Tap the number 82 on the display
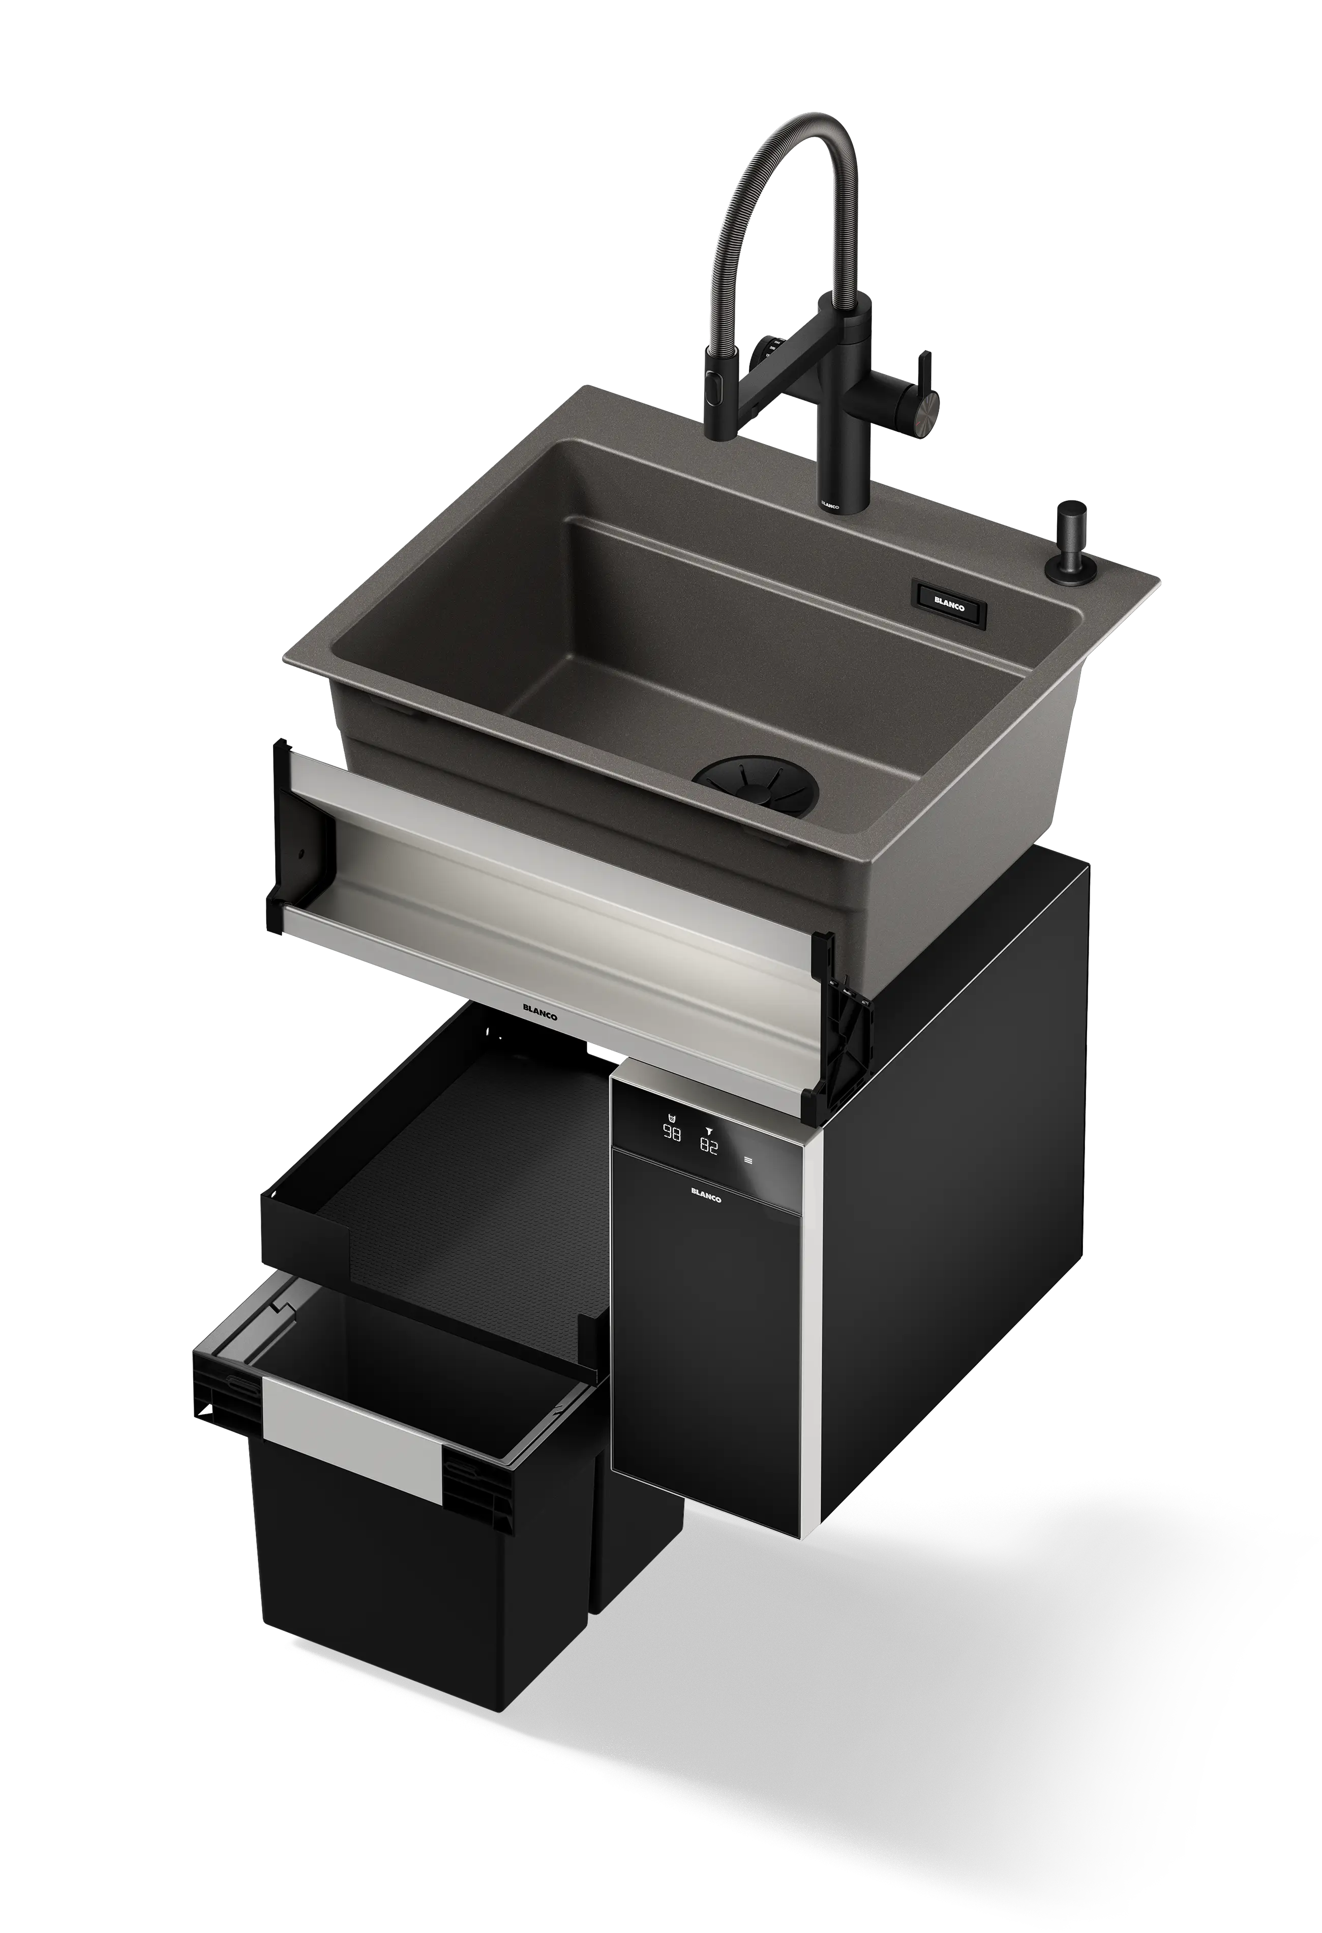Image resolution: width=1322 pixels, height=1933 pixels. [709, 1146]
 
